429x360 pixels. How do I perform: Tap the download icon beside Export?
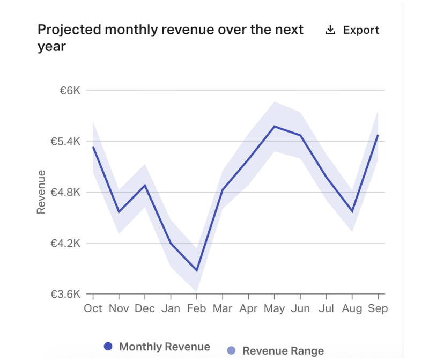click(330, 30)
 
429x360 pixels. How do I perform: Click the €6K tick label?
click(69, 91)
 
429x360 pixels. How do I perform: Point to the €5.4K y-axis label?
click(65, 142)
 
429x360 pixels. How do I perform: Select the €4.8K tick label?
click(65, 192)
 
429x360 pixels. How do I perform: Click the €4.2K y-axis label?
click(65, 243)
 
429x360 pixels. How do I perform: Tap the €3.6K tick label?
click(65, 294)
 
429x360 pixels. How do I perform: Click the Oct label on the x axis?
click(93, 308)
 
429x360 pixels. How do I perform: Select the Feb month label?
click(197, 308)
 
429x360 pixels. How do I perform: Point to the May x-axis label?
click(275, 308)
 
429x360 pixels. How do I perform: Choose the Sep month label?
click(378, 308)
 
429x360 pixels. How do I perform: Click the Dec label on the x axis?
click(145, 308)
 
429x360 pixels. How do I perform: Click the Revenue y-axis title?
click(41, 192)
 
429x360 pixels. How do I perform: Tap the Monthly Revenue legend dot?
click(108, 347)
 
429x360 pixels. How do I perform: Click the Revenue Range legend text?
click(283, 351)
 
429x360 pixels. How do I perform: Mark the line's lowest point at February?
click(197, 270)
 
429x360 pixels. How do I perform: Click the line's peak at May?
click(275, 126)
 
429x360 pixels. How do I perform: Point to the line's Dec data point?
click(145, 185)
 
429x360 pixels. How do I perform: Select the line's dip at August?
click(352, 211)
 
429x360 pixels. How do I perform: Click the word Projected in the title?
click(68, 29)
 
